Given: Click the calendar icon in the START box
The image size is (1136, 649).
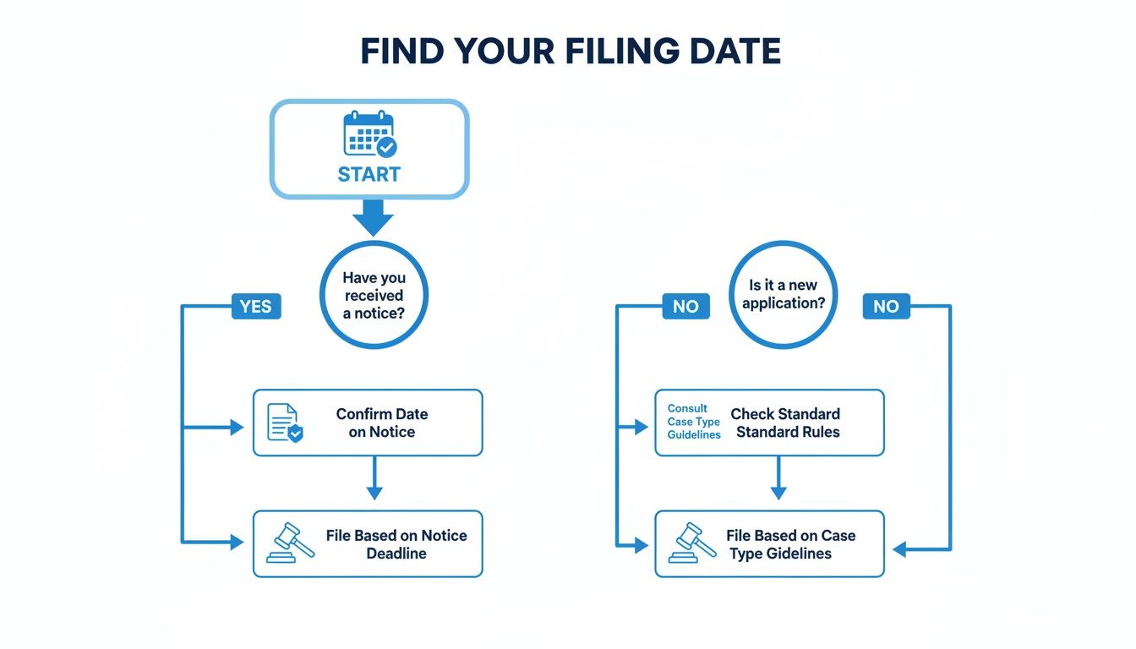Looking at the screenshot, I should (x=369, y=134).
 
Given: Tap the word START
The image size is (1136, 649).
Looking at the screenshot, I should (x=369, y=174).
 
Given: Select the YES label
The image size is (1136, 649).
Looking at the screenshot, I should (x=255, y=306).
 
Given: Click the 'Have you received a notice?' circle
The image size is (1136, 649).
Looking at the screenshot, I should (x=374, y=295).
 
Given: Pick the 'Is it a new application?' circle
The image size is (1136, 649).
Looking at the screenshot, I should (x=783, y=294).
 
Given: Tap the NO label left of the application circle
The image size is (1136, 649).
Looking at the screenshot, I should (x=685, y=306).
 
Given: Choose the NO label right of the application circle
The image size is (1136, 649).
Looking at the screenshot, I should (x=886, y=306).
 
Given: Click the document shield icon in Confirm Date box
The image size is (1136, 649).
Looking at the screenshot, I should (x=285, y=423).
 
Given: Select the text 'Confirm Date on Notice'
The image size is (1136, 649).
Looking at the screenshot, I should (x=382, y=423).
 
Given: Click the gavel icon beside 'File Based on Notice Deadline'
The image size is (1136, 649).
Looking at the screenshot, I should (x=290, y=543).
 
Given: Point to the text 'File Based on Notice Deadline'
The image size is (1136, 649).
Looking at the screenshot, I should (x=396, y=544).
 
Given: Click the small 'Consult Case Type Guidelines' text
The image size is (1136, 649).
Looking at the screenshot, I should (x=693, y=422).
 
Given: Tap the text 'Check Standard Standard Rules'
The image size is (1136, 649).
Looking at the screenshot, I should (x=786, y=423).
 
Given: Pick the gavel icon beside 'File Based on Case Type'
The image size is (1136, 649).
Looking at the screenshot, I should (x=691, y=543).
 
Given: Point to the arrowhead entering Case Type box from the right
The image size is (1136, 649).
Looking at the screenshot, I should (x=899, y=549).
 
